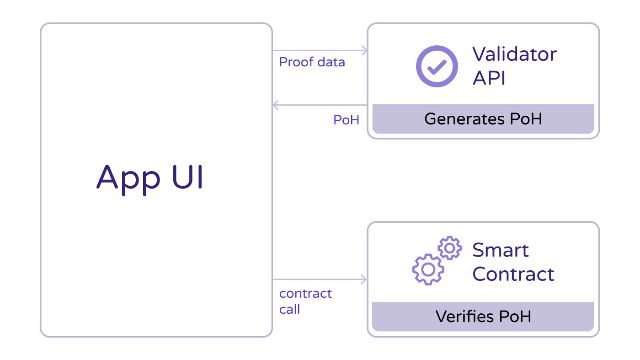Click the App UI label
coord(149,178)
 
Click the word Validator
coord(514,54)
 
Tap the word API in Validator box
coord(489,78)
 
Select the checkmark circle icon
coord(437,66)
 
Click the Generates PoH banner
coord(483,119)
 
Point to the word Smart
coord(500,250)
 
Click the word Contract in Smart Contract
coord(513,274)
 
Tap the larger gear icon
coord(428,269)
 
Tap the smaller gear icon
coord(450,248)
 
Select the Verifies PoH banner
coord(483,317)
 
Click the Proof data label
coord(312,62)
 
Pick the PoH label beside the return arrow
coord(346,120)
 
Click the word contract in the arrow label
coord(305,294)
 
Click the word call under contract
coord(289,310)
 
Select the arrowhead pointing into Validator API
coord(364,50)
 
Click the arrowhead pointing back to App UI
coord(276,105)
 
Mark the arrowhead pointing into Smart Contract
coord(364,279)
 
